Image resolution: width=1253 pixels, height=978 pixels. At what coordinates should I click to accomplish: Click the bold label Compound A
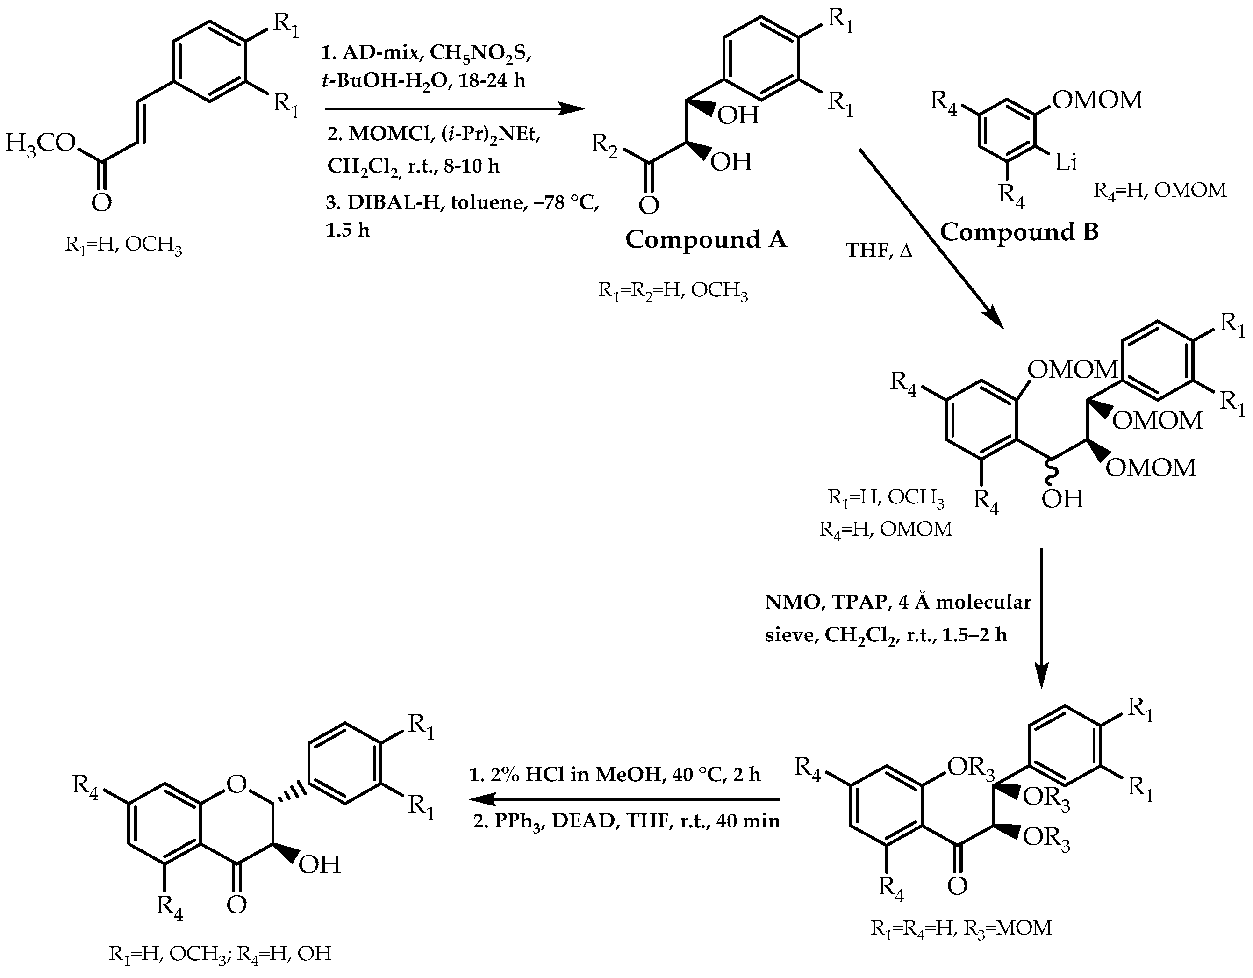point(705,239)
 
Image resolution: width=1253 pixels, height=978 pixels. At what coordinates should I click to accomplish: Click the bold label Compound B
point(1018,232)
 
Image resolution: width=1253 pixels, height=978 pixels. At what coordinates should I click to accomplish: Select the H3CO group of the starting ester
point(40,142)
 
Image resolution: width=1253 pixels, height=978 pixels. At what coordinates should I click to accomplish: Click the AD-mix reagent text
point(379,53)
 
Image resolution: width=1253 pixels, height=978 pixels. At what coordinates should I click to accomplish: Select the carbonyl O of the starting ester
point(101,202)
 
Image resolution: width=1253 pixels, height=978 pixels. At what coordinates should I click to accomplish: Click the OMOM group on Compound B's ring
point(1097,101)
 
